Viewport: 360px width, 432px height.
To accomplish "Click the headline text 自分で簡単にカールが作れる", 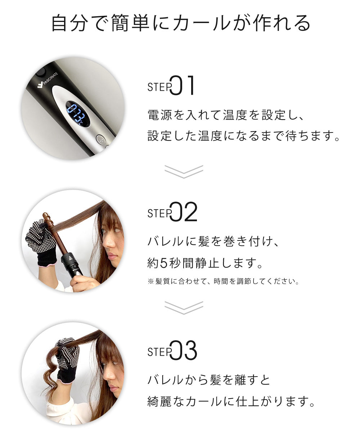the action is pyautogui.click(x=180, y=23).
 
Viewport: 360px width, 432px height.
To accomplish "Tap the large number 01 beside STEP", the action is pyautogui.click(x=182, y=85).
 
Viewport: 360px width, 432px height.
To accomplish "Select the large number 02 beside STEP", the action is pyautogui.click(x=183, y=211).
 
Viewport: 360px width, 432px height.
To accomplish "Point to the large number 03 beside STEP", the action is pyautogui.click(x=183, y=350).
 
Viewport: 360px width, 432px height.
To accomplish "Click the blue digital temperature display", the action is pyautogui.click(x=78, y=114).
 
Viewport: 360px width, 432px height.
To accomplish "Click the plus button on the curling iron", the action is pyautogui.click(x=101, y=140).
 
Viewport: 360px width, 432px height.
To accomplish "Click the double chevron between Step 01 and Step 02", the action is pyautogui.click(x=184, y=172).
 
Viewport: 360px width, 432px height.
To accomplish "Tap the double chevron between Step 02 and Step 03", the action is pyautogui.click(x=184, y=308).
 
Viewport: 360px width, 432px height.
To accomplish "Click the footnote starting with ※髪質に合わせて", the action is pyautogui.click(x=223, y=282).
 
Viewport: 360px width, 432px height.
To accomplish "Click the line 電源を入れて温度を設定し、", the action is pyautogui.click(x=226, y=115).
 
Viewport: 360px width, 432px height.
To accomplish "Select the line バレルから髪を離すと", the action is pyautogui.click(x=209, y=380).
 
